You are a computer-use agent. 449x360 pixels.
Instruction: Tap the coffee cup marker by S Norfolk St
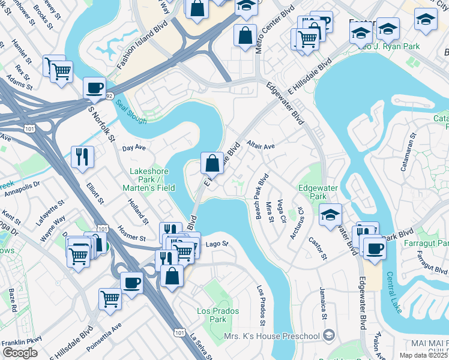(94, 87)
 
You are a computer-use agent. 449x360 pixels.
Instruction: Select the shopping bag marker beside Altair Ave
(212, 162)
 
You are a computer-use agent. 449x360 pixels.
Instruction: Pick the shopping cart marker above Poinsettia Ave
(110, 298)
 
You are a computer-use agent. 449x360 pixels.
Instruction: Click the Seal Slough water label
(131, 112)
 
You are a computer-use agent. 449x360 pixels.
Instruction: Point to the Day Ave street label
(134, 148)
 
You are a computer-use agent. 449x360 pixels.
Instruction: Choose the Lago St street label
(217, 244)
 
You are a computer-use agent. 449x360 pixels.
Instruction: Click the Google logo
(20, 353)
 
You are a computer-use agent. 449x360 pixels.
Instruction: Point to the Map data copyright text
(424, 355)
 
